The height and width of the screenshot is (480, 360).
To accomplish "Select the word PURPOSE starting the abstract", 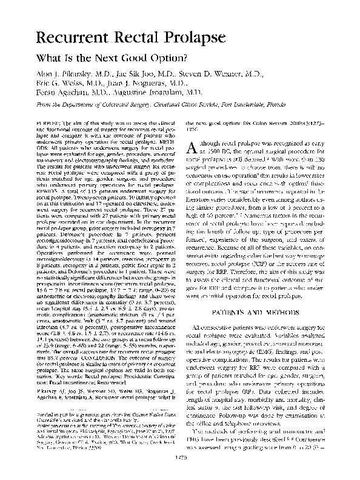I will tap(47, 122).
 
